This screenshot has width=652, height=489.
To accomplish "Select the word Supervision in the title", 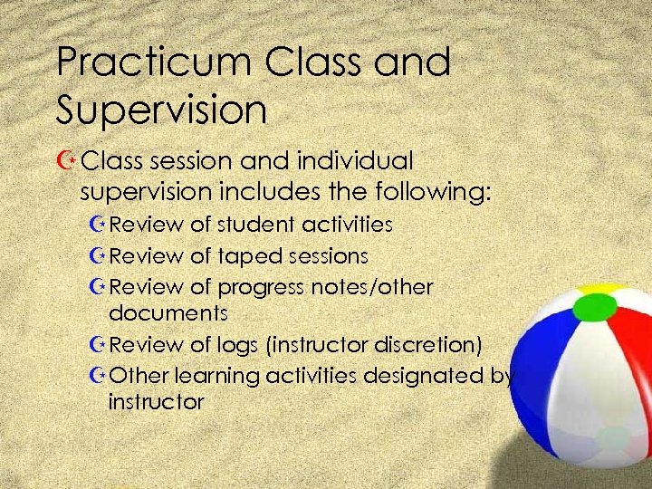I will pos(161,110).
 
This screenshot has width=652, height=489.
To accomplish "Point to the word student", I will pos(262,224).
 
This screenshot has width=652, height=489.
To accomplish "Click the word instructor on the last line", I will pos(156,401).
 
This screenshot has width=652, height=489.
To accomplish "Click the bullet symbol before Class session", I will pos(67,162).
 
